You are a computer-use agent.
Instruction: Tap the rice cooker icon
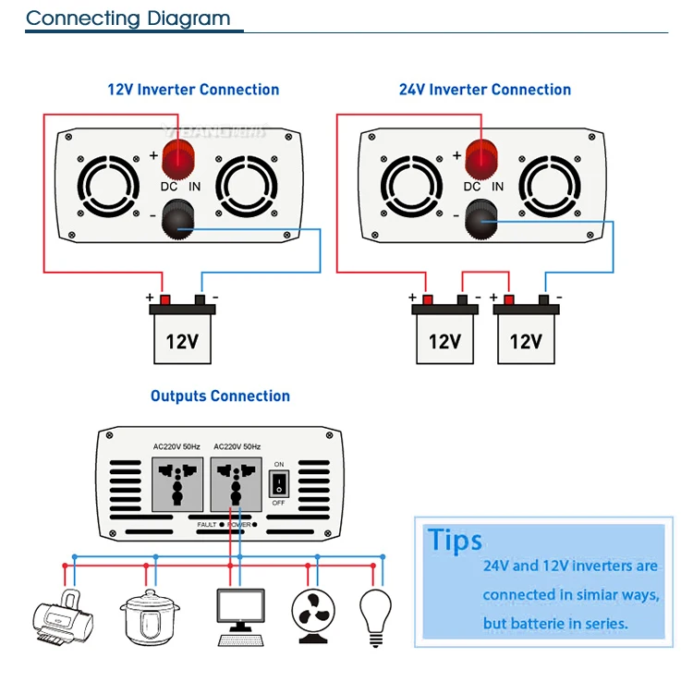149,613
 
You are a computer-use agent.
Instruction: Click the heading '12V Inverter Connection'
193,90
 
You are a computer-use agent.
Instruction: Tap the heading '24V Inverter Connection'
484,90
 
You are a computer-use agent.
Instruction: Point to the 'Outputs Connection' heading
220,396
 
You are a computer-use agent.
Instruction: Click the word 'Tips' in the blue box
455,541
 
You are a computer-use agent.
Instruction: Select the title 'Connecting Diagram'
128,18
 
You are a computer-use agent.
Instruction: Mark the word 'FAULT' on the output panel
206,524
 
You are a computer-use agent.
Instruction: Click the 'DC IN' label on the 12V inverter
179,186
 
